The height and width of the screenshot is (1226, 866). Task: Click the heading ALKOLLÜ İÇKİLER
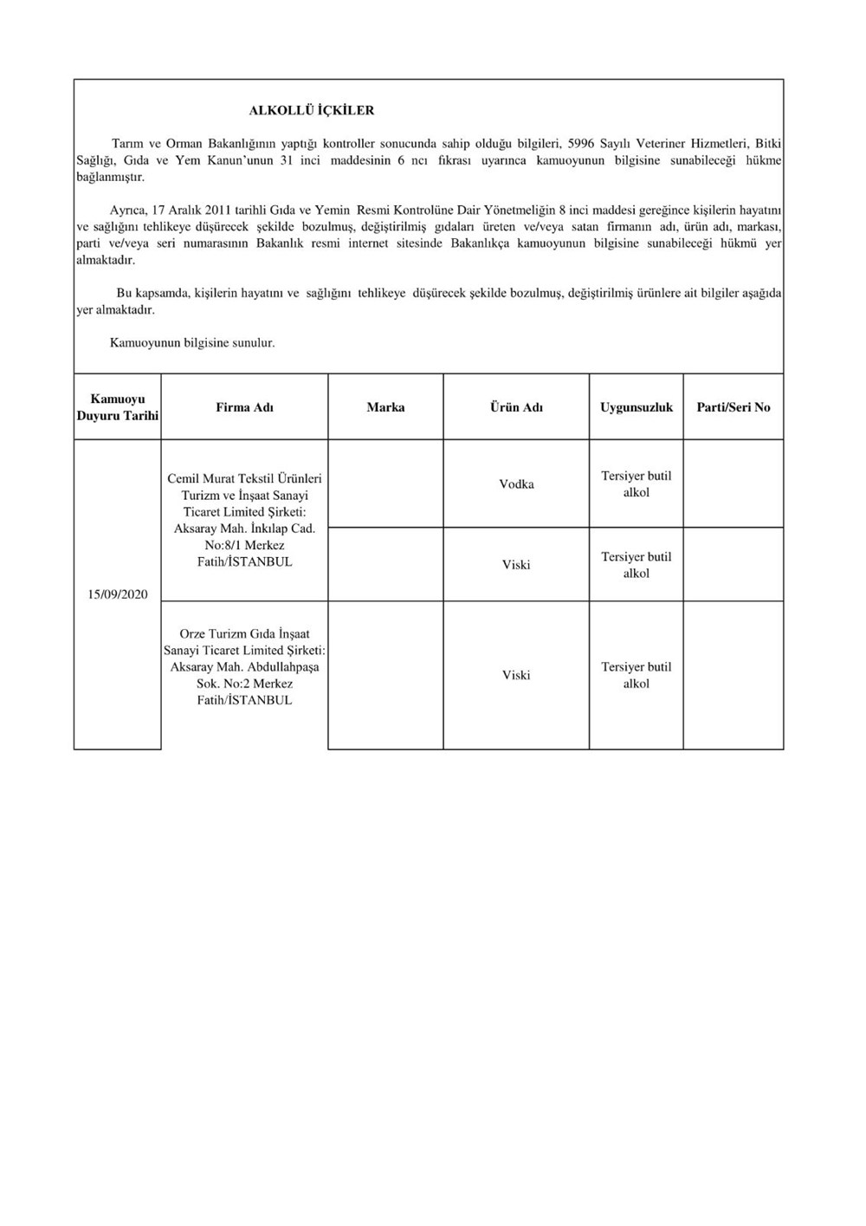(312, 111)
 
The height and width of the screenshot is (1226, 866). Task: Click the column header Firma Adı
(244, 407)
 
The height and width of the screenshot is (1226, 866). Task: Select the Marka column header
(385, 407)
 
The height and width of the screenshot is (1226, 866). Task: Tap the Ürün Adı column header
(516, 407)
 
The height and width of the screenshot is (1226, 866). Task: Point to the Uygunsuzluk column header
(637, 407)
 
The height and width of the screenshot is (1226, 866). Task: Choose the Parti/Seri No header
(734, 407)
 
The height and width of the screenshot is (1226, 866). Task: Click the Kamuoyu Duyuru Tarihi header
(118, 407)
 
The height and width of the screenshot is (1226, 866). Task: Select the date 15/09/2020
(118, 594)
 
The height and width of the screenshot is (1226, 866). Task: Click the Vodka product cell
(516, 484)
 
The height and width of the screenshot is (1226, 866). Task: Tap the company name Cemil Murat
(199, 479)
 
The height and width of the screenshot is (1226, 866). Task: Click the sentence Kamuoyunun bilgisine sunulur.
(192, 343)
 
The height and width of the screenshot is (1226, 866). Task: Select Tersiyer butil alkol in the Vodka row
(637, 484)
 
